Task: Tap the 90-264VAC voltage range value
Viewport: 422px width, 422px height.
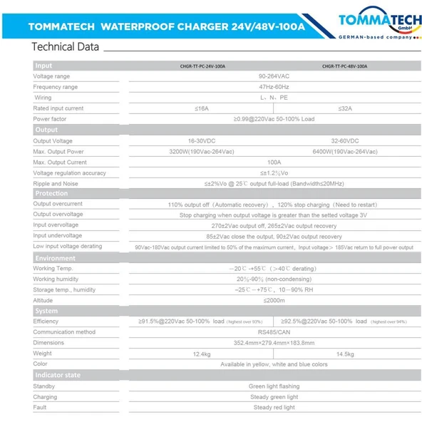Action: [x=273, y=76]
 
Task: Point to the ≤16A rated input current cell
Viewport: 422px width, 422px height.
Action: [x=202, y=108]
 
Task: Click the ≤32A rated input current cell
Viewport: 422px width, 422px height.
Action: [x=344, y=108]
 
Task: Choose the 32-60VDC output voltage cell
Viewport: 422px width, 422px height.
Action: [x=344, y=141]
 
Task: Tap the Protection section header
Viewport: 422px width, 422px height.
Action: [x=51, y=193]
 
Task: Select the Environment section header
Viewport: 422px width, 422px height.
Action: [x=55, y=258]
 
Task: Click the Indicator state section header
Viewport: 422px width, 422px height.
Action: [x=58, y=375]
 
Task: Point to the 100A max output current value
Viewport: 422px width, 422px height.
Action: [x=273, y=163]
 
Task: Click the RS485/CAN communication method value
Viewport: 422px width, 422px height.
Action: [x=273, y=332]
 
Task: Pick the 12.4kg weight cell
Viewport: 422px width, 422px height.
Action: [x=202, y=354]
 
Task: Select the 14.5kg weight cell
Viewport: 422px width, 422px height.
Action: [x=344, y=354]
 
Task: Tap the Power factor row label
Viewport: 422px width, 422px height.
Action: [x=50, y=119]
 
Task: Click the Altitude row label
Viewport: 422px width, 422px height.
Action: [x=43, y=300]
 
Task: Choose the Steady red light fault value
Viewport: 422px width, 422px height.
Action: [x=273, y=408]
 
